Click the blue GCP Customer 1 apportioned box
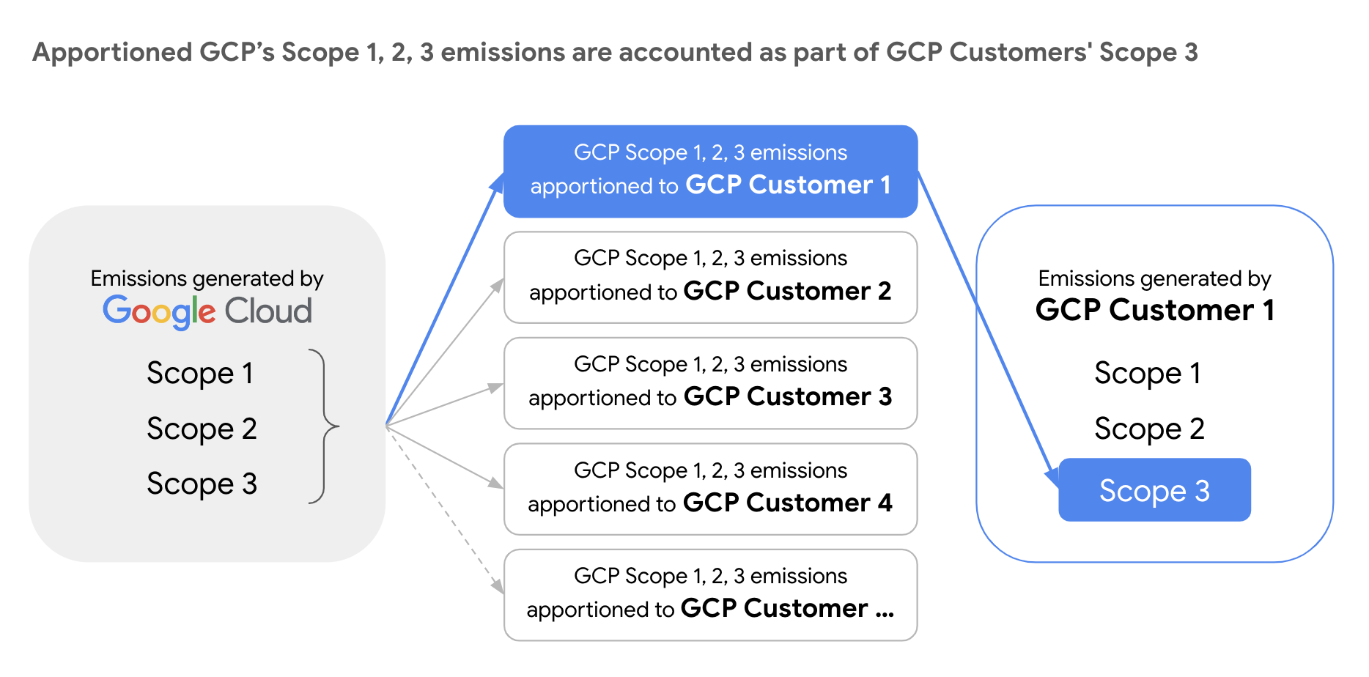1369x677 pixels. pyautogui.click(x=710, y=171)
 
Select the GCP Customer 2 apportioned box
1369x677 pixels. pyautogui.click(x=710, y=277)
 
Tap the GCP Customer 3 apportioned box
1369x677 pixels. pyautogui.click(x=710, y=382)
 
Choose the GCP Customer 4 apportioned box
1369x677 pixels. pyautogui.click(x=710, y=489)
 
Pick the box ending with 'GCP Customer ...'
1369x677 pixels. pyautogui.click(x=710, y=594)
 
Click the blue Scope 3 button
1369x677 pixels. pyautogui.click(x=1154, y=490)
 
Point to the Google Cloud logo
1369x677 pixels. pyautogui.click(x=207, y=311)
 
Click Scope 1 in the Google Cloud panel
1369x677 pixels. pyautogui.click(x=200, y=373)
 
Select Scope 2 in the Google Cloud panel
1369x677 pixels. pyautogui.click(x=202, y=429)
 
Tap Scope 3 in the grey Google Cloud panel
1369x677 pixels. pyautogui.click(x=202, y=484)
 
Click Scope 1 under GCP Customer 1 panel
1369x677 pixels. pyautogui.click(x=1148, y=373)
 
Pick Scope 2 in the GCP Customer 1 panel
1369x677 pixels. pyautogui.click(x=1149, y=429)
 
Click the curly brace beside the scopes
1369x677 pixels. pyautogui.click(x=324, y=426)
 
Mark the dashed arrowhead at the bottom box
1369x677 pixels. pyautogui.click(x=498, y=586)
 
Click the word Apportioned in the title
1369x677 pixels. pyautogui.click(x=112, y=53)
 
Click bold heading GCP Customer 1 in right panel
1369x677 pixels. pyautogui.click(x=1154, y=310)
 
